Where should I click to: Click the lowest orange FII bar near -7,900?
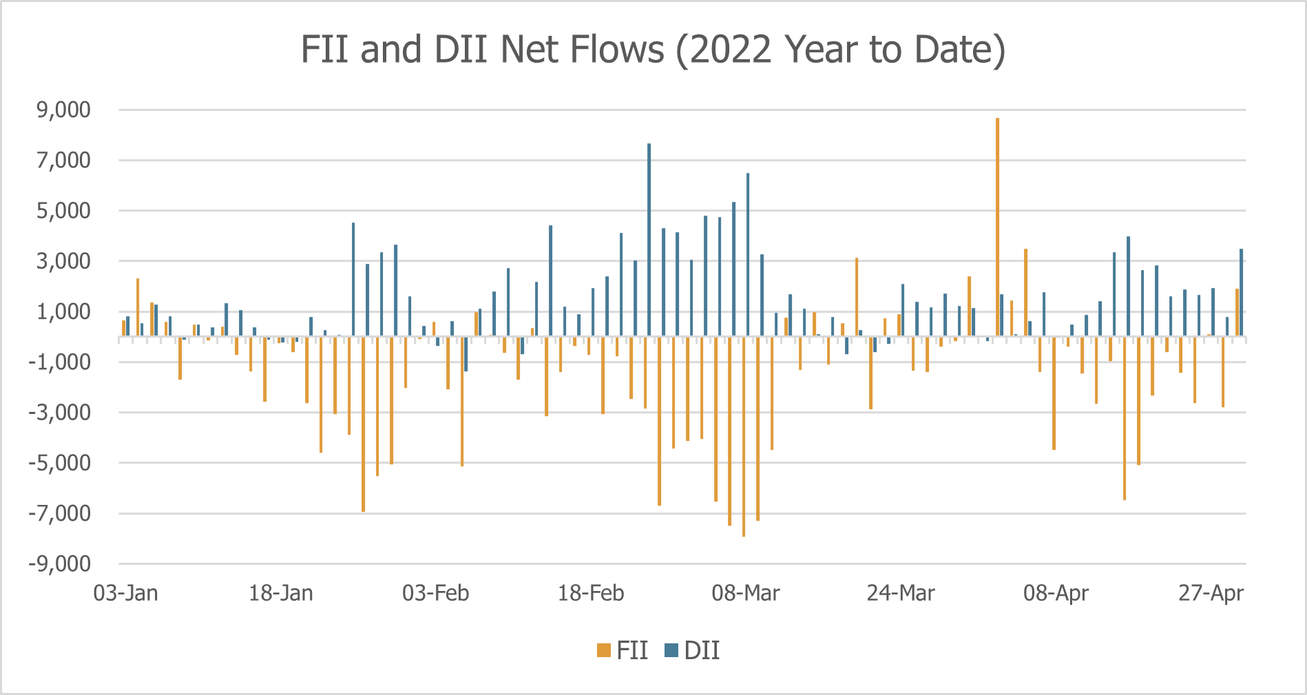tap(744, 441)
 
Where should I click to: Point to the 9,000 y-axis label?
tap(64, 110)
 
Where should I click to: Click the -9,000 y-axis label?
tap(60, 564)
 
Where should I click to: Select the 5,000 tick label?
tap(64, 211)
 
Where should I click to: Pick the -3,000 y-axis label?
tap(60, 413)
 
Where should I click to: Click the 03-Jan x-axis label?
tap(126, 593)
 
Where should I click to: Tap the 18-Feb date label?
tap(591, 593)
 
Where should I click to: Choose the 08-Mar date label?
tap(746, 593)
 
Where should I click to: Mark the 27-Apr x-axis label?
tap(1211, 593)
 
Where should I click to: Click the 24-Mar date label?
tap(901, 593)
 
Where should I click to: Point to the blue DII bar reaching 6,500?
tap(748, 255)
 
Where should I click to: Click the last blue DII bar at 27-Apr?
tap(1241, 293)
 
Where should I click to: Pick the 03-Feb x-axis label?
tap(436, 593)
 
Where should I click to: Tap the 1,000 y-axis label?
tap(64, 312)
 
